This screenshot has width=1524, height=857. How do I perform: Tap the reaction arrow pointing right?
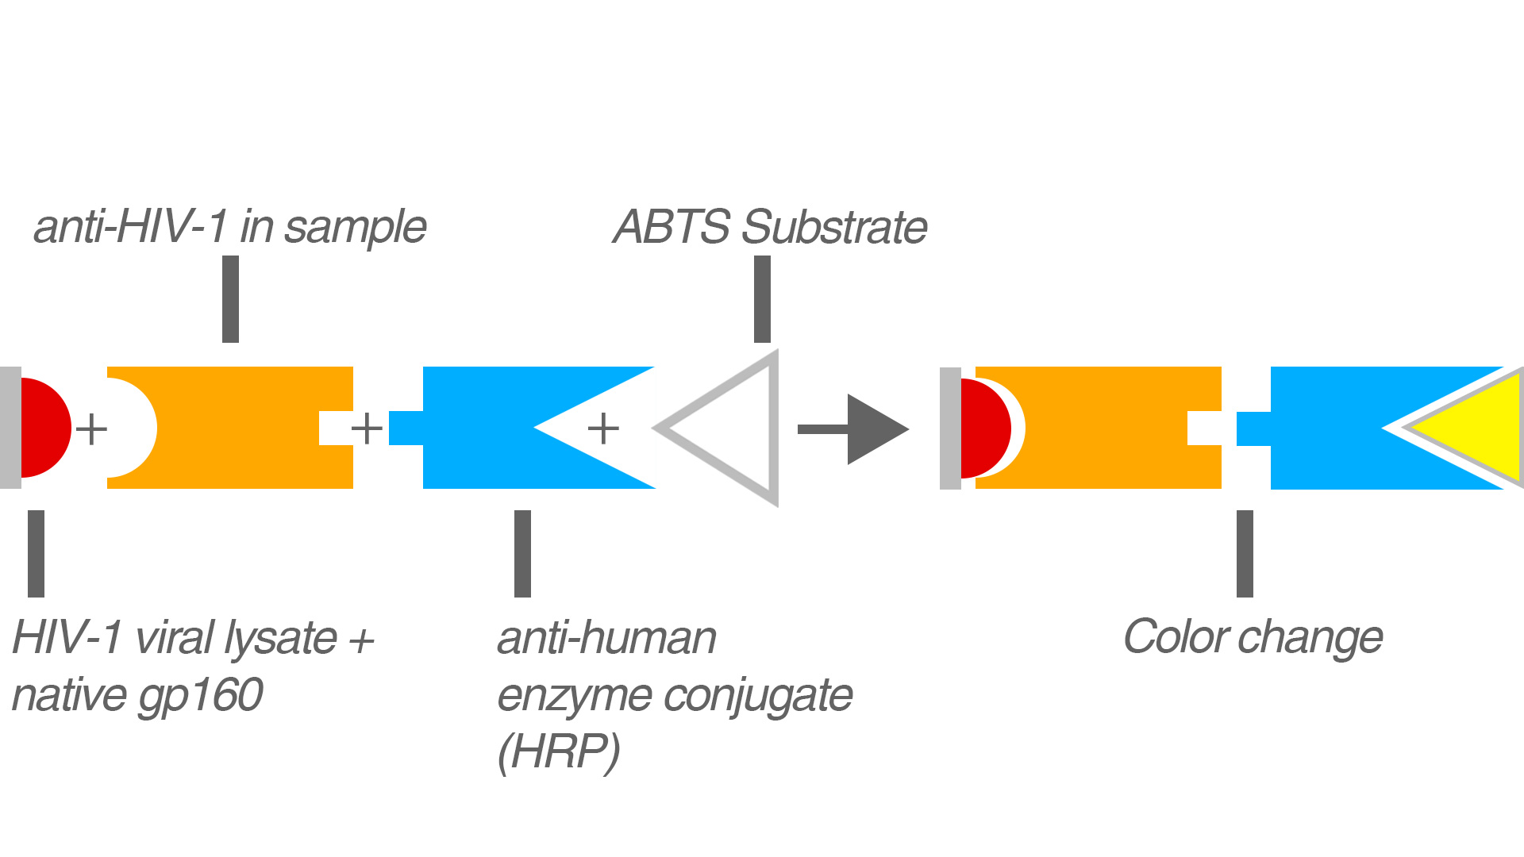click(853, 429)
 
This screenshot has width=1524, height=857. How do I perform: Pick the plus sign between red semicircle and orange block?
click(91, 429)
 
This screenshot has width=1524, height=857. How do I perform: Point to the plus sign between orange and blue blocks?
click(367, 429)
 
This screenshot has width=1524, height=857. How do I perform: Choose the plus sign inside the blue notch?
click(603, 429)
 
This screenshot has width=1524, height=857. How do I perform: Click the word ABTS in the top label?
click(672, 227)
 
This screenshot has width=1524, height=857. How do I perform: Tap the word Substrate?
click(834, 227)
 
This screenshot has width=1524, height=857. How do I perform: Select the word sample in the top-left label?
click(356, 228)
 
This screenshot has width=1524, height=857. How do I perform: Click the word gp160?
click(201, 696)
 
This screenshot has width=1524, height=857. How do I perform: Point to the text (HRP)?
click(559, 751)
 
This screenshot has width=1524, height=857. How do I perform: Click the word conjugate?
click(758, 697)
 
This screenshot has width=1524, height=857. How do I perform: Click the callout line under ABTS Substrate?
click(762, 299)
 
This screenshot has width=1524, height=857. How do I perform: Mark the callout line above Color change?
click(1245, 554)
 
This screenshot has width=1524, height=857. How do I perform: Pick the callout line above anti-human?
click(522, 554)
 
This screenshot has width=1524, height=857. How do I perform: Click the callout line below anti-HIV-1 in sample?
click(230, 299)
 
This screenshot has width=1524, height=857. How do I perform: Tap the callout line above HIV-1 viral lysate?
click(36, 554)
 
